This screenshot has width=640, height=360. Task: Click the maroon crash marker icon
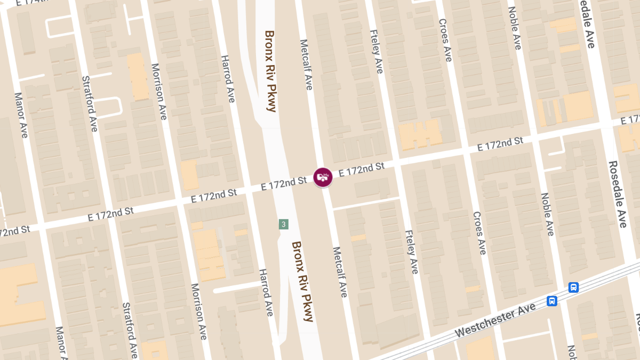click(323, 177)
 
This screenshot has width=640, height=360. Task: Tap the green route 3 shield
click(284, 224)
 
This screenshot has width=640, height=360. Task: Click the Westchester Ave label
click(495, 319)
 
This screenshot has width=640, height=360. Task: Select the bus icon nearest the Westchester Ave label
click(552, 301)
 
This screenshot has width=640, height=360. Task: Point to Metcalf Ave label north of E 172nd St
click(306, 65)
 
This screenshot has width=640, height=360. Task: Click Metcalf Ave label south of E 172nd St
click(340, 272)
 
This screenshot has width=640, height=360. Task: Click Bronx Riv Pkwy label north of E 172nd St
click(271, 71)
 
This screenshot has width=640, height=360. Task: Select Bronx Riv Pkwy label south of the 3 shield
click(302, 281)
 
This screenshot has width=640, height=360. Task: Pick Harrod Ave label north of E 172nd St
click(228, 78)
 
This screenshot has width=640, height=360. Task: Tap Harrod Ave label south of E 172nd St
click(266, 292)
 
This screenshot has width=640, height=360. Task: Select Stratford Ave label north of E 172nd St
click(90, 103)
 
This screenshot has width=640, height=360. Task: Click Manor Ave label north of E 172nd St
click(20, 115)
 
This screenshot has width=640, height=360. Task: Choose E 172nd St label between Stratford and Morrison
click(111, 213)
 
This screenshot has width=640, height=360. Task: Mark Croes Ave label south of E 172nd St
click(479, 233)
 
